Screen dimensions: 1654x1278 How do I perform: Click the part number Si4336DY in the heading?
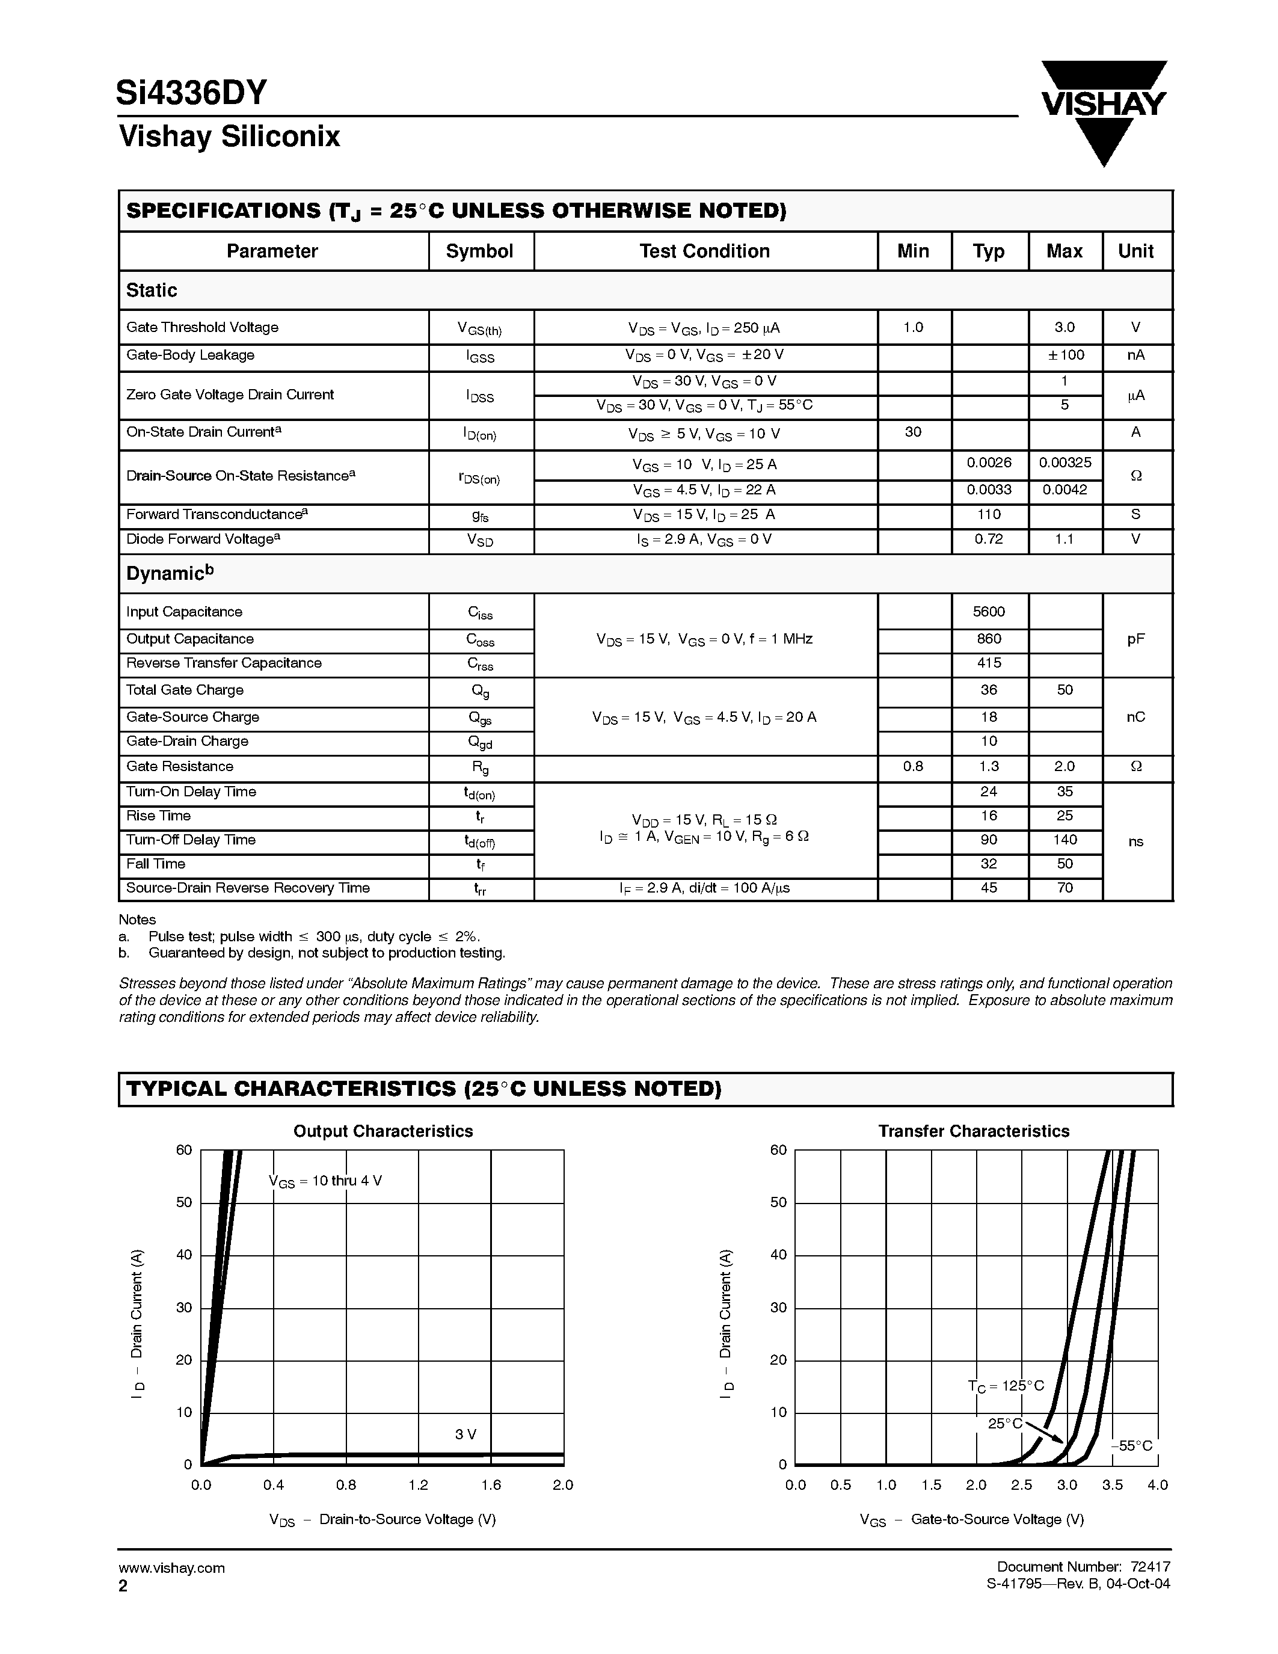[x=191, y=93]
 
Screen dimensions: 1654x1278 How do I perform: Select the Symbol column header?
[x=479, y=251]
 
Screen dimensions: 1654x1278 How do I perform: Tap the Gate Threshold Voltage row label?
[x=202, y=327]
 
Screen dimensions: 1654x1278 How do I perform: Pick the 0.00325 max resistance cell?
[x=1064, y=463]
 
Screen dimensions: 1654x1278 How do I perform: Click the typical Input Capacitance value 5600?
[x=989, y=611]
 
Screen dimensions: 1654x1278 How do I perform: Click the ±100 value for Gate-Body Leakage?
[x=1064, y=354]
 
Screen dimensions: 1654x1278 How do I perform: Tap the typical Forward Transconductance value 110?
[x=989, y=514]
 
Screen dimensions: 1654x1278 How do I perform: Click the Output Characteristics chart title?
[x=383, y=1131]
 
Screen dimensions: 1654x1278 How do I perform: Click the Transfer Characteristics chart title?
[x=974, y=1131]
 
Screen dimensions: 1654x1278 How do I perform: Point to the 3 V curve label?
[x=465, y=1434]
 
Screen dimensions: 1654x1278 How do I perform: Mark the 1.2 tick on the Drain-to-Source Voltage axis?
[x=418, y=1485]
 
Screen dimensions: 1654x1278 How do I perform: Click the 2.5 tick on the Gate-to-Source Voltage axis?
[x=1021, y=1485]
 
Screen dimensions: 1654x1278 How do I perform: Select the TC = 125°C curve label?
[x=1006, y=1385]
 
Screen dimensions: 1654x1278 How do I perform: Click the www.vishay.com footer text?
[x=172, y=1567]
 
